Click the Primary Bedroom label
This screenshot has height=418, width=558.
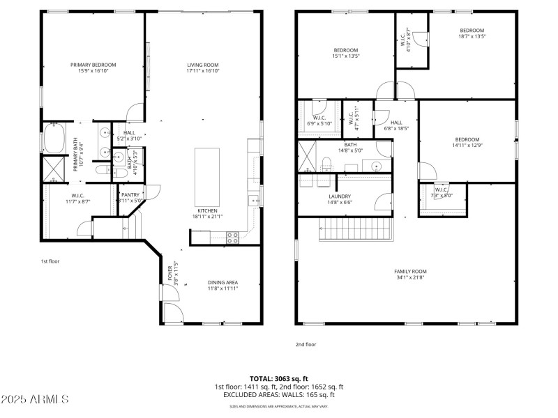point(93,65)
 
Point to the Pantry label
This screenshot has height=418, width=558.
point(130,195)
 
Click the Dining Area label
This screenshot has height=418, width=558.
point(223,282)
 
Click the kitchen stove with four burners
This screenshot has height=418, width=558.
point(232,237)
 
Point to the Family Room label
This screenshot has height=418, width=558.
point(410,271)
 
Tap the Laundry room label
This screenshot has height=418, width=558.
point(339,196)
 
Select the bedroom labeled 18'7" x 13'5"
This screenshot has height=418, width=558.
point(472,31)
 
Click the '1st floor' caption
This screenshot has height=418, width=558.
point(50,261)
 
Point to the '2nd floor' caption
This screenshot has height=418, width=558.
point(306,343)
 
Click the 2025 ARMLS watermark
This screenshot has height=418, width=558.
point(35,400)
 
